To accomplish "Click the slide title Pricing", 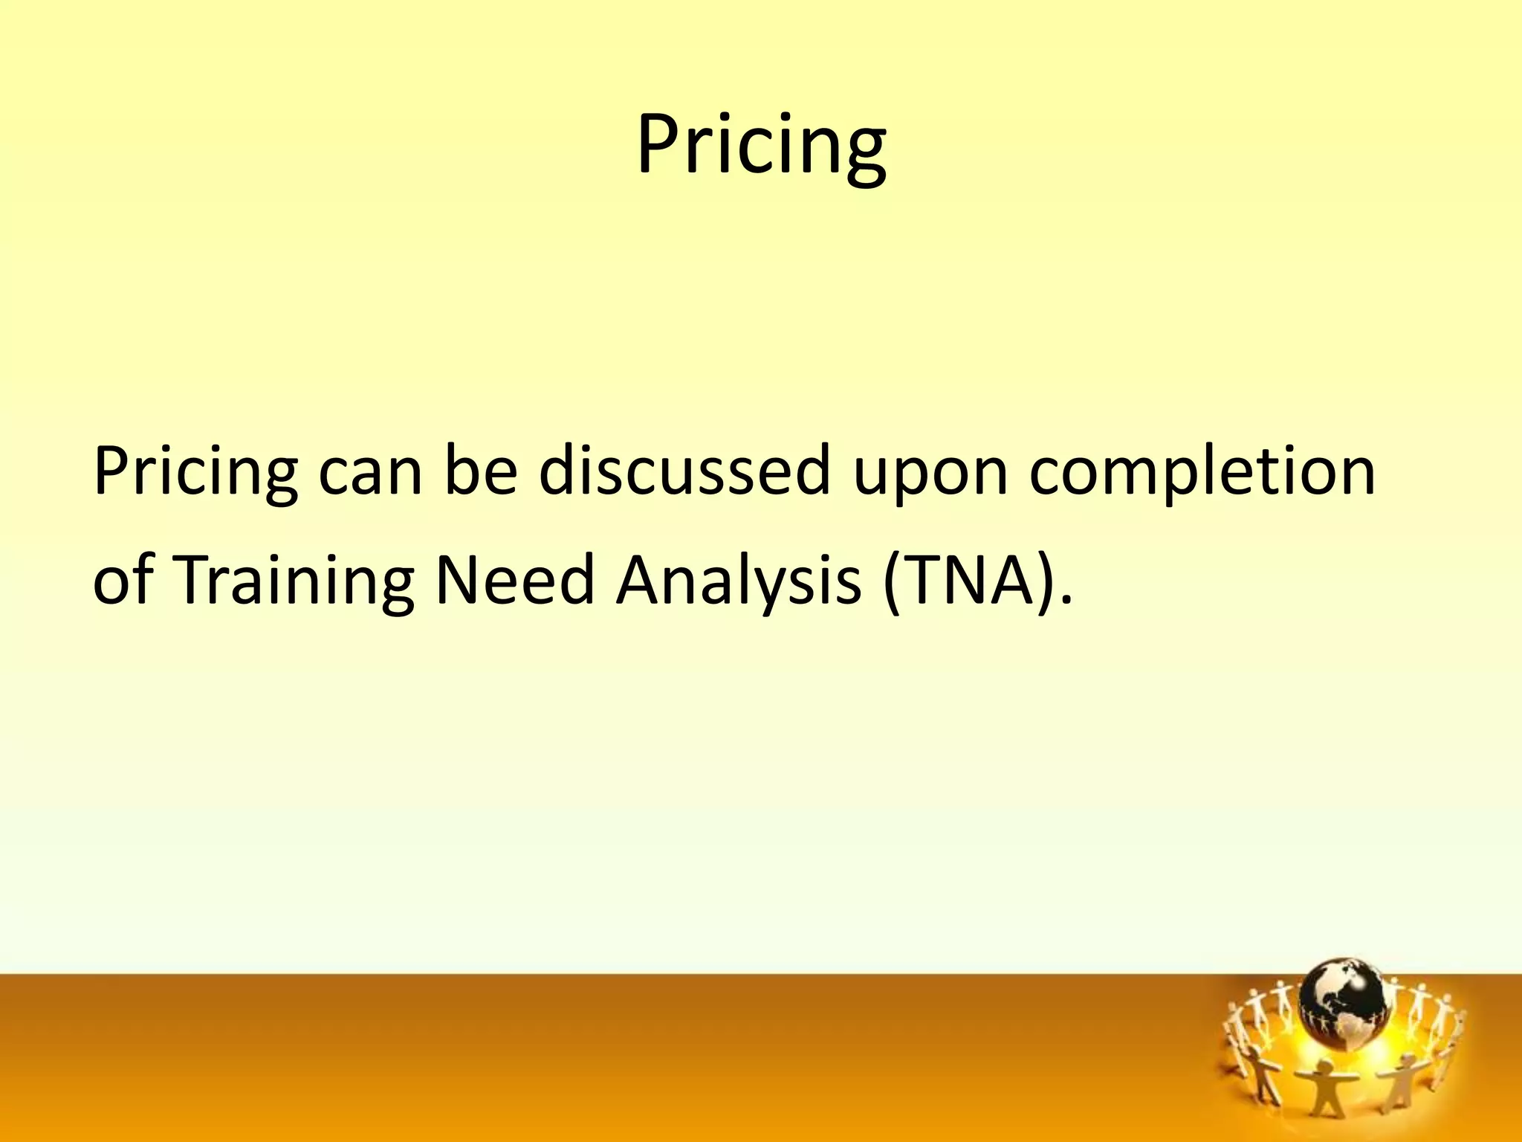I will click(x=761, y=145).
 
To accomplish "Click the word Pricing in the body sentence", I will click(x=195, y=473).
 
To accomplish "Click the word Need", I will click(x=514, y=580).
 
